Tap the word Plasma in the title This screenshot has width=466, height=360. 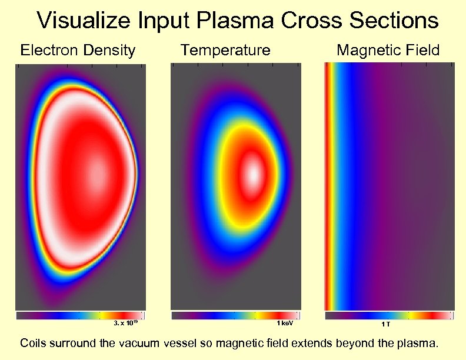click(235, 21)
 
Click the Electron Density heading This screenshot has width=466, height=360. click(78, 50)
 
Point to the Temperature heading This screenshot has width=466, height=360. click(225, 50)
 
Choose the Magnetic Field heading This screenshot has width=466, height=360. click(388, 50)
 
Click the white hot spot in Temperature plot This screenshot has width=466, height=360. click(253, 174)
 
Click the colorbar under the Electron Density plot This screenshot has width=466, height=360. click(79, 316)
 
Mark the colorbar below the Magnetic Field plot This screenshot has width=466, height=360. click(390, 316)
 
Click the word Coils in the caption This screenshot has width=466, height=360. click(34, 343)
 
